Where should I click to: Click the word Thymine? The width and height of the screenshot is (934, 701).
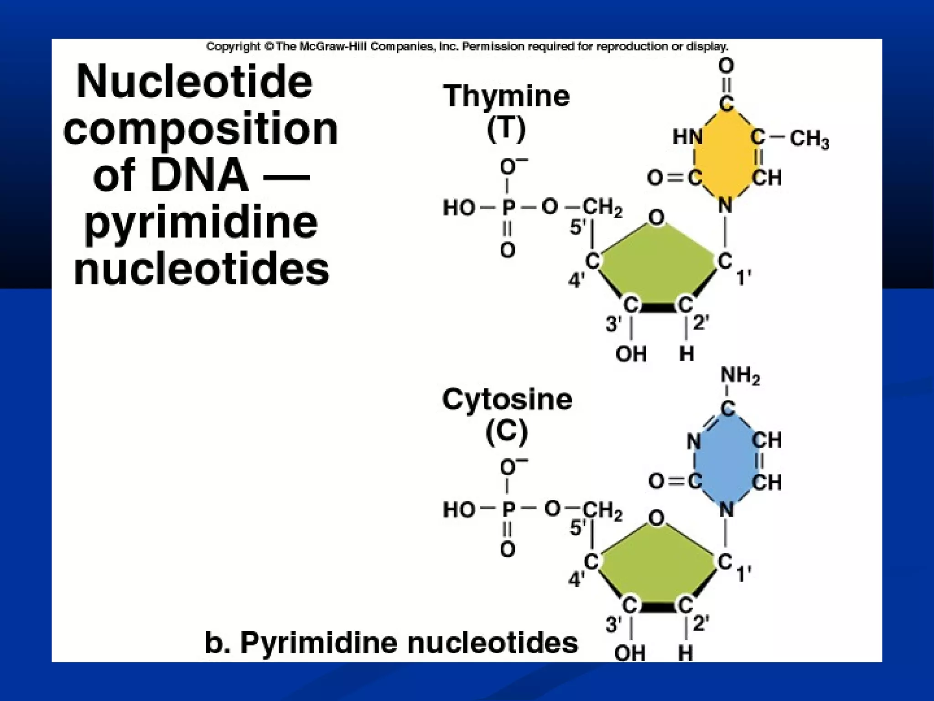[x=506, y=96]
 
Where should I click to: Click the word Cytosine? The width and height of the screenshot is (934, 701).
[x=507, y=399]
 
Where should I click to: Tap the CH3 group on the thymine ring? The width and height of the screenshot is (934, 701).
[x=809, y=139]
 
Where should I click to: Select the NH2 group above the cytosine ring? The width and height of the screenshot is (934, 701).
[x=740, y=376]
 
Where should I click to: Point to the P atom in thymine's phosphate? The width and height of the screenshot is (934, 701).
[x=508, y=208]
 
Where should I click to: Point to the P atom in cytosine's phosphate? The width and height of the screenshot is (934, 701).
[x=508, y=509]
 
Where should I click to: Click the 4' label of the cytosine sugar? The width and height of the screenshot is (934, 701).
[x=576, y=580]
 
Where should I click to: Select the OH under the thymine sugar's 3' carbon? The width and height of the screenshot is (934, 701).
[x=631, y=354]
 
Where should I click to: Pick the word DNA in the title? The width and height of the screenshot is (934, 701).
[x=199, y=176]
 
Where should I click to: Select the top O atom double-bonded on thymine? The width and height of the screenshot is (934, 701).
[x=726, y=66]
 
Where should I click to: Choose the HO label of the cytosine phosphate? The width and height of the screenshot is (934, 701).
[x=459, y=509]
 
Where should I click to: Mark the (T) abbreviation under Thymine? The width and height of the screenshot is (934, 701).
[x=506, y=130]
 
